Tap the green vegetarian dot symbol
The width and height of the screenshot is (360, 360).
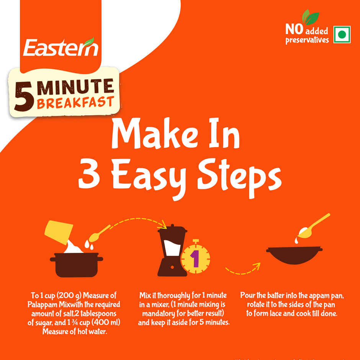coord(342,35)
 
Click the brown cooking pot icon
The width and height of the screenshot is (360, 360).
coord(77,264)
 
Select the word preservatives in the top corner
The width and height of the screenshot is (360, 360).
coord(307,40)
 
